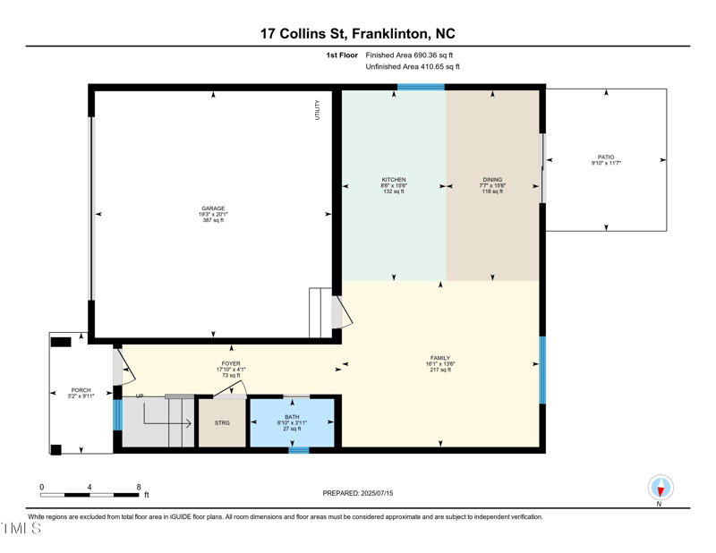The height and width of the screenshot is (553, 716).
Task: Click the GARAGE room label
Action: pos(213,208)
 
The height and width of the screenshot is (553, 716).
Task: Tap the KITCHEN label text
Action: pos(394,180)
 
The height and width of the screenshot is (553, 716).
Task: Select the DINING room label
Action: pos(492,180)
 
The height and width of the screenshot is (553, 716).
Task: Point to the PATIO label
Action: pos(606,157)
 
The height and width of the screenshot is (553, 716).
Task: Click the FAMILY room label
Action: pos(439,358)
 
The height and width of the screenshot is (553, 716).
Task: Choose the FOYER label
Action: pos(231,363)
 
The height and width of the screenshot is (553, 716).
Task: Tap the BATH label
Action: pos(293,417)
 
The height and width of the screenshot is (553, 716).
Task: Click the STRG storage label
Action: pos(222,423)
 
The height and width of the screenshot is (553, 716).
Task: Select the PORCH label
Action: pos(81,390)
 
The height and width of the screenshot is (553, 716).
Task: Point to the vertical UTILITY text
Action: pos(317,109)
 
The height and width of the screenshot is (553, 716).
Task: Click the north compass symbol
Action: pos(661,488)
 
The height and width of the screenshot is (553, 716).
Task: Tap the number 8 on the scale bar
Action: pos(138,487)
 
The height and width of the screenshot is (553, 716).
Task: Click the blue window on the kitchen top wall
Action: pos(421,88)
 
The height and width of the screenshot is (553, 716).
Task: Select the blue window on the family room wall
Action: pos(542,369)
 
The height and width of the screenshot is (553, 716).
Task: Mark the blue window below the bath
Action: pos(298,450)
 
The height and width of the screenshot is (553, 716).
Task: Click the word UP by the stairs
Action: pos(140,396)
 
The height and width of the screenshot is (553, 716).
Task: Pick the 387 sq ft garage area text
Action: pos(213,220)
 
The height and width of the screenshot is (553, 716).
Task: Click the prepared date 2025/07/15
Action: pos(375,493)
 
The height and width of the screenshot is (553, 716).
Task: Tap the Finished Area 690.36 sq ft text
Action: pos(413,55)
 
